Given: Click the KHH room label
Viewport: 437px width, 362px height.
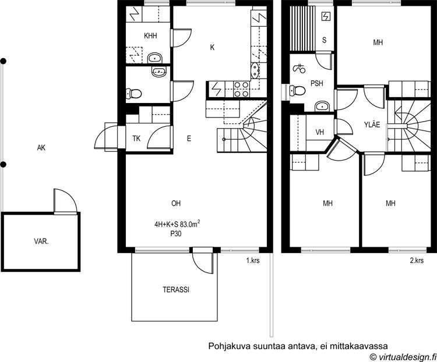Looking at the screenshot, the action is click(150, 36).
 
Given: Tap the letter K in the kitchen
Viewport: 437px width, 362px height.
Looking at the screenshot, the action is click(212, 48).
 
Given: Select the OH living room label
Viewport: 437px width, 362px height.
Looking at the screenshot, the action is click(176, 204).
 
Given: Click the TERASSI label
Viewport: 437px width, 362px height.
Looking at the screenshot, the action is click(176, 290).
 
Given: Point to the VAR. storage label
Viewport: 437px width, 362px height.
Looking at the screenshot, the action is click(41, 242).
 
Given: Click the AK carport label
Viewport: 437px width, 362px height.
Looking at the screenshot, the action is click(41, 148).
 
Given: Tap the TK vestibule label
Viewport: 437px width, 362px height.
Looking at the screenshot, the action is click(136, 139).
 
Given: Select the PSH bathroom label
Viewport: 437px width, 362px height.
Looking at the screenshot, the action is click(317, 83).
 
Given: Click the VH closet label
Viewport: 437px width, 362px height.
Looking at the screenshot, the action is click(320, 132).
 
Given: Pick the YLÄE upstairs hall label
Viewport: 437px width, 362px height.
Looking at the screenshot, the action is click(372, 125).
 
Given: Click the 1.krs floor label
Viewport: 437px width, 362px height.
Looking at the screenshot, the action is click(253, 261).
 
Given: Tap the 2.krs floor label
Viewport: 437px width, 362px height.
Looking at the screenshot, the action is click(417, 261).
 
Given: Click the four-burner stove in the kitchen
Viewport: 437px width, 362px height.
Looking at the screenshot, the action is click(241, 89).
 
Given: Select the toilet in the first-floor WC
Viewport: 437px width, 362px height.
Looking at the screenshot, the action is click(133, 94).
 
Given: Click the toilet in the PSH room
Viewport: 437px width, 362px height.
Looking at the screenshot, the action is click(297, 90).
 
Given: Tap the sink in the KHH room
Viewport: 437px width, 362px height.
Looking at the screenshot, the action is click(155, 58).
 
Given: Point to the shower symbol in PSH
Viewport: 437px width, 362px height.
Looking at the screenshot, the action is click(299, 69).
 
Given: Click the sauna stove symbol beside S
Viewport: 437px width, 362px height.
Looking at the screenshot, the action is click(326, 17).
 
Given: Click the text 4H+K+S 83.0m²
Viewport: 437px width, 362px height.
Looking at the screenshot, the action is click(177, 224).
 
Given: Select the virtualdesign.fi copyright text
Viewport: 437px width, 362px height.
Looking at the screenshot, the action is click(403, 356).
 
